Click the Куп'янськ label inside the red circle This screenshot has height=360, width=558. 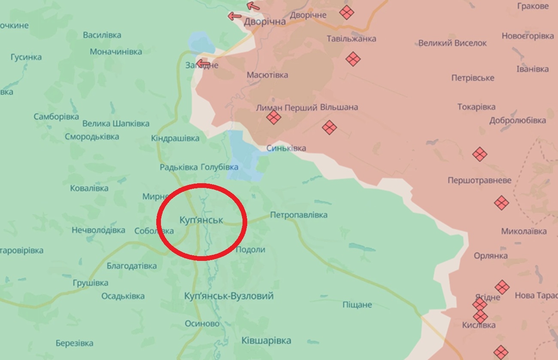pyautogui.click(x=201, y=220)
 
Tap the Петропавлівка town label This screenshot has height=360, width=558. pyautogui.click(x=299, y=215)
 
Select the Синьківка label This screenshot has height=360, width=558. pyautogui.click(x=286, y=148)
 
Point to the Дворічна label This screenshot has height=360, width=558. pyautogui.click(x=264, y=21)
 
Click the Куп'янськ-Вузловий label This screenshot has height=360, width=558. pyautogui.click(x=229, y=296)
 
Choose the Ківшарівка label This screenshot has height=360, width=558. pyautogui.click(x=266, y=341)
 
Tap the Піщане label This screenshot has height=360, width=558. pyautogui.click(x=357, y=305)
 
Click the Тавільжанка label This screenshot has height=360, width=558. pyautogui.click(x=352, y=39)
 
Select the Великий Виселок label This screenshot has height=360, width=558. pyautogui.click(x=452, y=43)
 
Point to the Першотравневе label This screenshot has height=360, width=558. pyautogui.click(x=479, y=180)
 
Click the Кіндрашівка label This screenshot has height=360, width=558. pyautogui.click(x=175, y=139)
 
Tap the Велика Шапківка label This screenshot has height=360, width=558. pyautogui.click(x=116, y=124)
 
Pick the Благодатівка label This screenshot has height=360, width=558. pyautogui.click(x=132, y=266)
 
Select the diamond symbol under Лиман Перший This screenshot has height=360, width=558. pyautogui.click(x=273, y=117)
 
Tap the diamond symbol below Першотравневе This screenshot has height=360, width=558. pyautogui.click(x=501, y=203)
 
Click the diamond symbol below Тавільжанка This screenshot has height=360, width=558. pyautogui.click(x=353, y=59)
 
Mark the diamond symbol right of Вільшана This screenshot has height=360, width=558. pyautogui.click(x=329, y=127)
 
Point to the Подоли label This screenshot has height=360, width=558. pyautogui.click(x=251, y=250)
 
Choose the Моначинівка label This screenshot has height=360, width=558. pyautogui.click(x=116, y=52)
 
